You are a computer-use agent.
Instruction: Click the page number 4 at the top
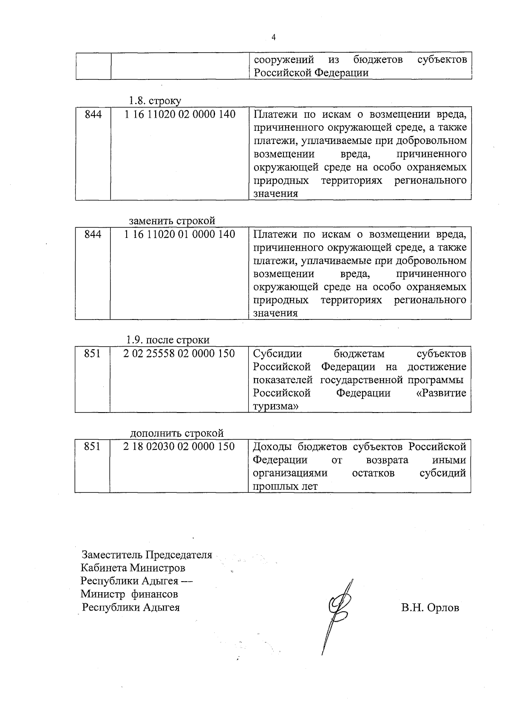(273, 37)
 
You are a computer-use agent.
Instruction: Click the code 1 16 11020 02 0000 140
(180, 114)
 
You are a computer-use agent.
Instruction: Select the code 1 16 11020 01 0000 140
(180, 234)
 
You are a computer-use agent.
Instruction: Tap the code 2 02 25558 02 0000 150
(179, 353)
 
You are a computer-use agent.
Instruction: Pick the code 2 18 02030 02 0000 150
(179, 447)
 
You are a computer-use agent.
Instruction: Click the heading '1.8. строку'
(155, 101)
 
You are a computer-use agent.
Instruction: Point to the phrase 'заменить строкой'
(172, 221)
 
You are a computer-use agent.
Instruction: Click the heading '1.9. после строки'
(168, 340)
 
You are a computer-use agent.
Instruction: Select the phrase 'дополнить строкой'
(177, 433)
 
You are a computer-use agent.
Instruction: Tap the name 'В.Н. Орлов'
(430, 608)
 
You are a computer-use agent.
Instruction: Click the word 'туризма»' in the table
(275, 406)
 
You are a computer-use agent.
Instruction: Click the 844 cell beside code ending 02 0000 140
(93, 114)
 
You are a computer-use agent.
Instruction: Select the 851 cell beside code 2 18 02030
(92, 447)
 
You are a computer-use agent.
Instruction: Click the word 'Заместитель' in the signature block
(112, 555)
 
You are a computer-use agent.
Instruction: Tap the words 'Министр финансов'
(130, 594)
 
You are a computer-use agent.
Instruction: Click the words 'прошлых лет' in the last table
(285, 486)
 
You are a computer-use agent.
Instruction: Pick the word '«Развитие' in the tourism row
(441, 393)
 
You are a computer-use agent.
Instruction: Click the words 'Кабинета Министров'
(133, 568)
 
